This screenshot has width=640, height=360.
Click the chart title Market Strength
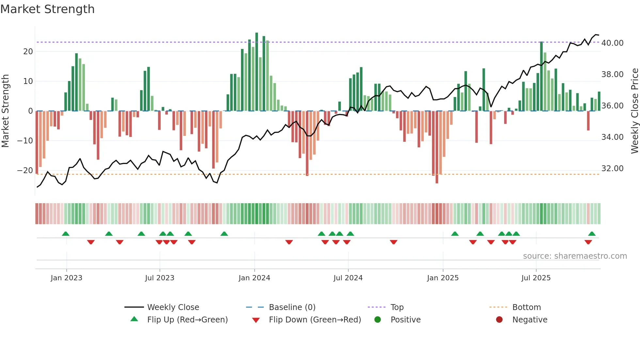[x=47, y=9]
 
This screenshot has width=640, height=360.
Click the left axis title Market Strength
[x=6, y=111]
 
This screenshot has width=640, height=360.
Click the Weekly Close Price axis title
[x=634, y=111]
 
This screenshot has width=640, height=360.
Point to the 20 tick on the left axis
[x=28, y=52]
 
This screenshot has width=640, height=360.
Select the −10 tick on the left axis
[x=25, y=141]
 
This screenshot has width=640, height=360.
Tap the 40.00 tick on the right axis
[x=612, y=43]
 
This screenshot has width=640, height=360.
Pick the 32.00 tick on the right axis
[x=612, y=169]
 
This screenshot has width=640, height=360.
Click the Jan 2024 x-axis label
[x=254, y=278]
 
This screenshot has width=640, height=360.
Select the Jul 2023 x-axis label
[x=160, y=278]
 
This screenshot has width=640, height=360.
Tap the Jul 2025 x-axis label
[x=536, y=278]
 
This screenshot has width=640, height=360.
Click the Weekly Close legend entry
[x=173, y=307]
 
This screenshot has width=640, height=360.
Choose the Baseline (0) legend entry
[x=292, y=307]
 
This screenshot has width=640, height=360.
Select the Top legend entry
[x=397, y=307]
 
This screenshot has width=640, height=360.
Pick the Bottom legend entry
[x=526, y=307]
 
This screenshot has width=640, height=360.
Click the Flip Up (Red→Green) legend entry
[x=187, y=320]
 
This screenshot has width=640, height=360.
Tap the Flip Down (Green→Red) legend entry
[x=315, y=320]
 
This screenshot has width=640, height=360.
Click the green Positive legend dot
[x=378, y=320]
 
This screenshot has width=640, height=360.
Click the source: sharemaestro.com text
[x=575, y=256]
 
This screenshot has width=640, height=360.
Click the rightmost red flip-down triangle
[x=588, y=242]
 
